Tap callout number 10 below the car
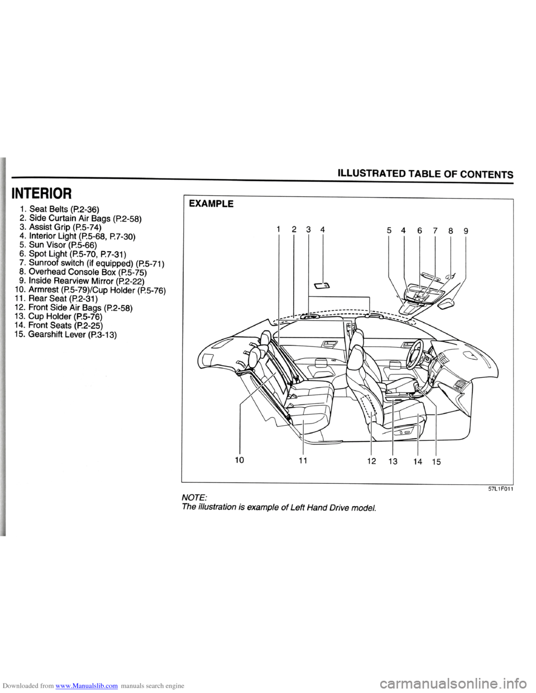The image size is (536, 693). [240, 461]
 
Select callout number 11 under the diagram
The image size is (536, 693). [302, 461]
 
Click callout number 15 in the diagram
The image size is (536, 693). [436, 461]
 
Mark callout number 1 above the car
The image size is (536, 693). [278, 229]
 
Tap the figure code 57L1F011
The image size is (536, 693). [500, 489]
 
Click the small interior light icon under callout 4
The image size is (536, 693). [323, 287]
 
